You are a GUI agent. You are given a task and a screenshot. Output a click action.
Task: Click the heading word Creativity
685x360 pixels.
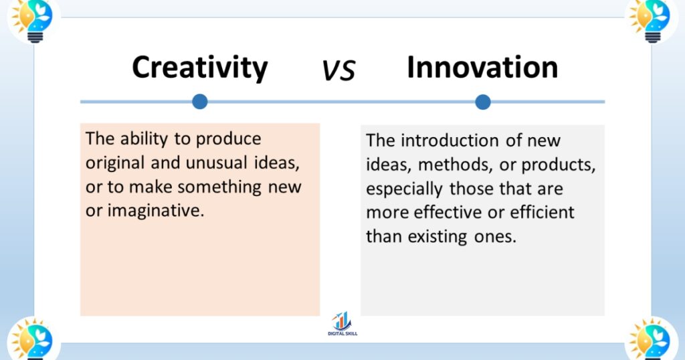[199, 68]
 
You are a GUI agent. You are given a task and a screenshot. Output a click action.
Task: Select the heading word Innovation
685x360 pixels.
[482, 68]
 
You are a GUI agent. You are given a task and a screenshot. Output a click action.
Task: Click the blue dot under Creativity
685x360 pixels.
[199, 102]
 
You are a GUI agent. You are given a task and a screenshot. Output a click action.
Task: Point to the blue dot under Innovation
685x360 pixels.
[483, 102]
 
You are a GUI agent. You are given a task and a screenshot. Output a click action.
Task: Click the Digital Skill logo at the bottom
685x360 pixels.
[342, 325]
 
